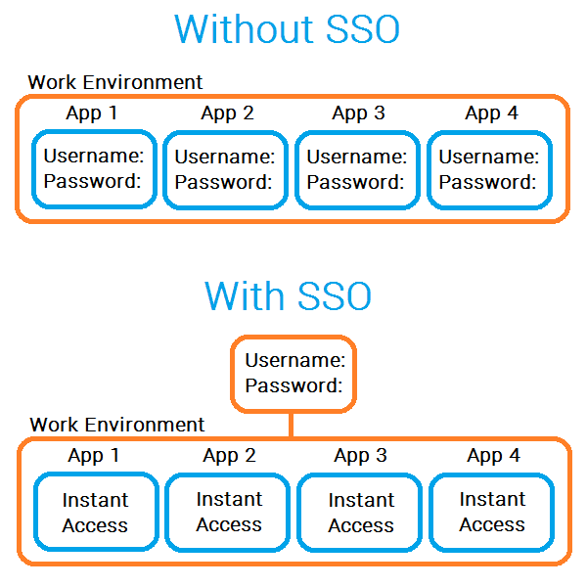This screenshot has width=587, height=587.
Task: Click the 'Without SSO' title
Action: [x=287, y=30]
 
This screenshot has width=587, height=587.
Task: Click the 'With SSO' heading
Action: [x=289, y=294]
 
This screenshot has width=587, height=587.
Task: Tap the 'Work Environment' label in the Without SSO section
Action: [x=115, y=82]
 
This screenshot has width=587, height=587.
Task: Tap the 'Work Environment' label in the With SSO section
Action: [x=117, y=425]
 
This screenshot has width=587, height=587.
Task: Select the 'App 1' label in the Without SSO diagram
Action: [x=92, y=113]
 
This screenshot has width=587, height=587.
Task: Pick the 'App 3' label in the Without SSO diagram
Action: [x=358, y=113]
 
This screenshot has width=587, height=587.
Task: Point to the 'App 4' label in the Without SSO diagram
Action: [x=492, y=113]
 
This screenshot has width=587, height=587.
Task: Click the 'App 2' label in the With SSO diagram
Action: [x=229, y=455]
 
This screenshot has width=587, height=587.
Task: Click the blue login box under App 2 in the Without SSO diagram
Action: [x=225, y=169]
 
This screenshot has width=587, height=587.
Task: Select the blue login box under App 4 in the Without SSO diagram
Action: [x=489, y=169]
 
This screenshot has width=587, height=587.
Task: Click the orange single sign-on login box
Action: [x=293, y=373]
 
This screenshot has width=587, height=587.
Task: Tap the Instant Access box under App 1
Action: [x=95, y=513]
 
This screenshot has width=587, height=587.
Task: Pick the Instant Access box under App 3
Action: [x=361, y=513]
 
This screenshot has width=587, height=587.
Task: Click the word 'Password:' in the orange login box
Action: [x=293, y=385]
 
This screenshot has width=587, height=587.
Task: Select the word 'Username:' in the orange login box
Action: [x=294, y=360]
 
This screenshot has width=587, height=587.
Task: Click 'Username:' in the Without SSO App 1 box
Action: [x=94, y=156]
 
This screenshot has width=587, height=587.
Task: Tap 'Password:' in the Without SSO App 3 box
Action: [x=356, y=181]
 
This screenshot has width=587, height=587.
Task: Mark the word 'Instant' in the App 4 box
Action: [x=492, y=500]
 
